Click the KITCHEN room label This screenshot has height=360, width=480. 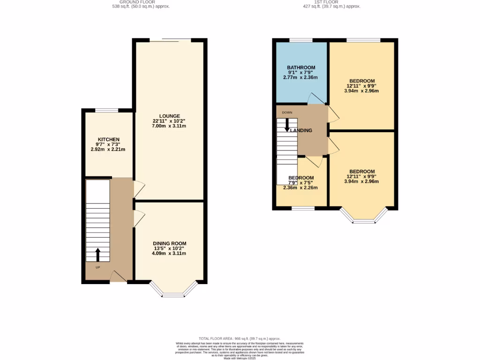tap(108, 140)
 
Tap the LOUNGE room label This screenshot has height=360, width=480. tap(169, 116)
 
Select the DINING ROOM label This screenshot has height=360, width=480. tap(169, 243)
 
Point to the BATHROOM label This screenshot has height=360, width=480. tap(301, 67)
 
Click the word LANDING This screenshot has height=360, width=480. tap(301, 130)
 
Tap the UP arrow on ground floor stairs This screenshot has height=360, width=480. tap(98, 255)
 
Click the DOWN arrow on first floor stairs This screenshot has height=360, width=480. tap(287, 125)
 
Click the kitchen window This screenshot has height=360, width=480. tap(107, 110)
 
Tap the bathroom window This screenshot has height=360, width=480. tap(301, 40)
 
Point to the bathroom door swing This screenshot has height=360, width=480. tap(315, 98)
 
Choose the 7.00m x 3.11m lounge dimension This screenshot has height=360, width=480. tap(169, 126)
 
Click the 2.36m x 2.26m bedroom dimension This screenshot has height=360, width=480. tap(300, 187)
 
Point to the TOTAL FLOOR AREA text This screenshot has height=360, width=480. tap(240, 338)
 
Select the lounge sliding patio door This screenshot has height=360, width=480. tap(170, 40)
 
